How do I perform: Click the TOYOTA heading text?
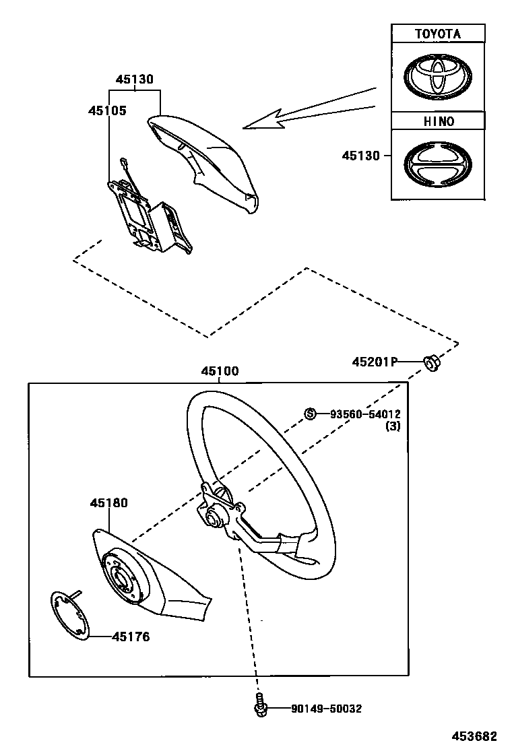(438, 34)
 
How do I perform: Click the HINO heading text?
(438, 121)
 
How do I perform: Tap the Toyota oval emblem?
(438, 75)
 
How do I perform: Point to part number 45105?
(107, 110)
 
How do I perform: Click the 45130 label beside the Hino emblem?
(360, 156)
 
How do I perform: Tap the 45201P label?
(373, 362)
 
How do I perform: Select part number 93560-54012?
(364, 414)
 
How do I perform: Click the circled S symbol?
(311, 414)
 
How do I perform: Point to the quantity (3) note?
(393, 426)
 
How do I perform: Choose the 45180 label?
(108, 502)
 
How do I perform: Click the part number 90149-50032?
(327, 709)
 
